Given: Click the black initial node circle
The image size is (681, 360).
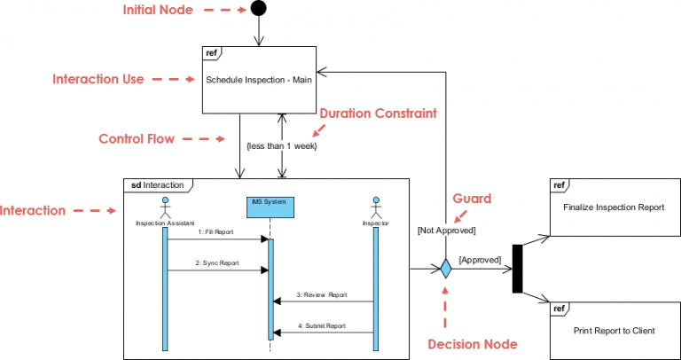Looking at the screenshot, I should pyautogui.click(x=258, y=9).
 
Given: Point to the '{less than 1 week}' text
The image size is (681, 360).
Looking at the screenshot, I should pyautogui.click(x=281, y=145).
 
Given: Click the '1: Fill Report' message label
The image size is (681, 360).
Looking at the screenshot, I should pyautogui.click(x=216, y=232).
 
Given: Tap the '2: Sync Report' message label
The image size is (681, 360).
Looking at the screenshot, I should pyautogui.click(x=216, y=263).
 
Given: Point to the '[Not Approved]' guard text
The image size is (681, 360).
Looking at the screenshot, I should pyautogui.click(x=446, y=231).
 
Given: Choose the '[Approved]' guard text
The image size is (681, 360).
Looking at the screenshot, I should pyautogui.click(x=479, y=260).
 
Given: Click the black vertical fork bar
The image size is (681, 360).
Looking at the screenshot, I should pyautogui.click(x=518, y=269).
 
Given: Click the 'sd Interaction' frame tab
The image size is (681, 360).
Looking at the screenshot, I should pyautogui.click(x=157, y=185).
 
